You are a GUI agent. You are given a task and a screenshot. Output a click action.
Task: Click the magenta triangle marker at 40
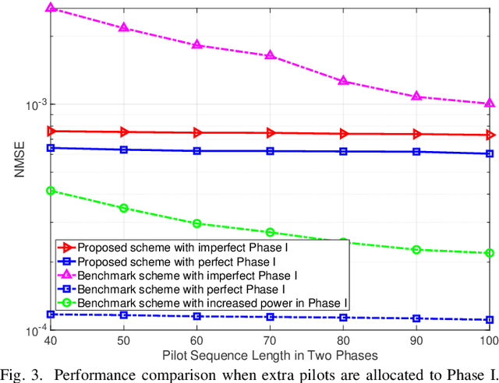click(51, 8)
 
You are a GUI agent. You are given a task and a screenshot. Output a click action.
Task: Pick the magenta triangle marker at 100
click(490, 104)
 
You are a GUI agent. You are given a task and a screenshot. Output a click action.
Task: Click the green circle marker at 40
click(51, 191)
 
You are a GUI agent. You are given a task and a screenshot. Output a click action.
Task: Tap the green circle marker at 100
click(490, 253)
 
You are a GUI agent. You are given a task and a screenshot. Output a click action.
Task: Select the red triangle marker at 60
click(197, 133)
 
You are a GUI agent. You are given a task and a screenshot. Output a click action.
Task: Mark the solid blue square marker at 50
click(124, 149)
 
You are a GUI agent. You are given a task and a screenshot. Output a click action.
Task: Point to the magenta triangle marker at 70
click(271, 56)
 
